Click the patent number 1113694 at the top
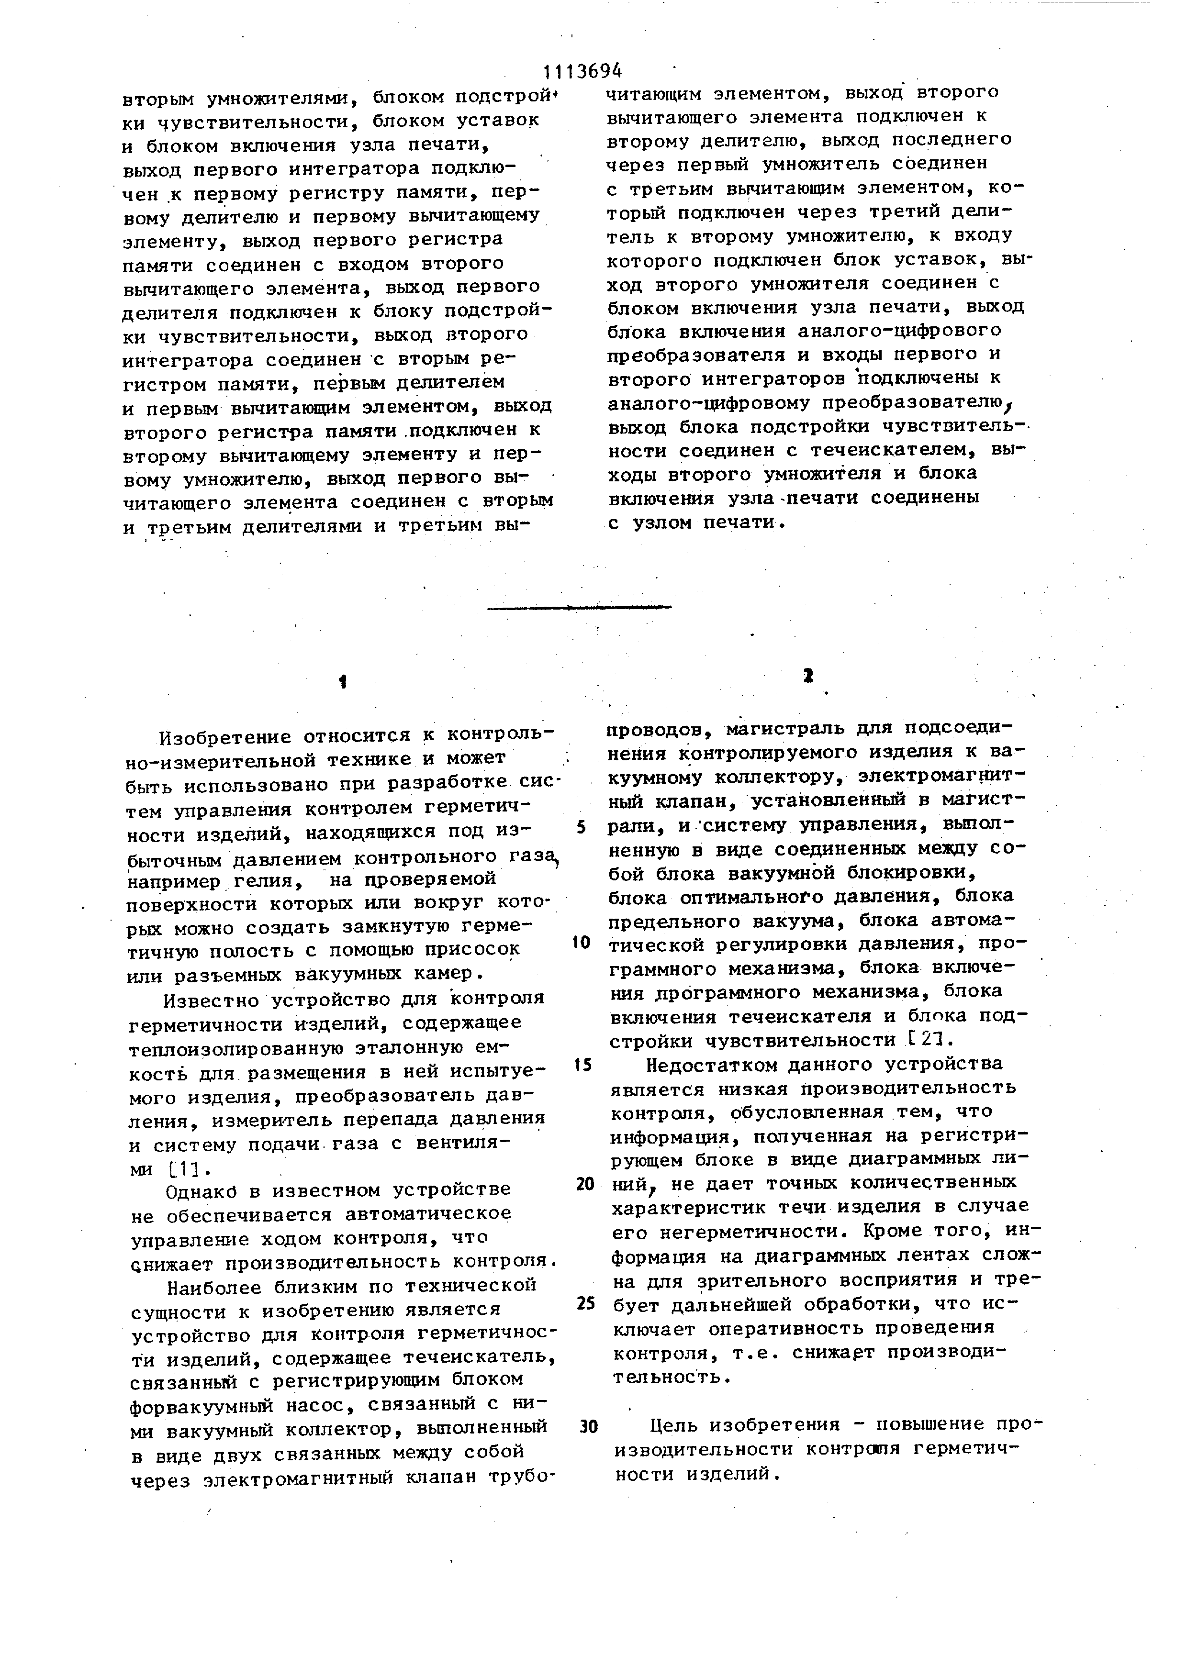pos(582,71)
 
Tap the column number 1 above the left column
pos(342,682)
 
